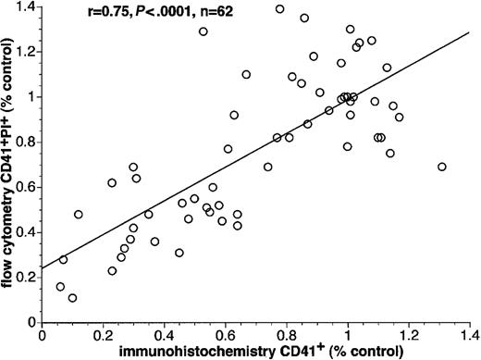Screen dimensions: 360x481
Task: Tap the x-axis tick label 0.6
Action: (x=226, y=336)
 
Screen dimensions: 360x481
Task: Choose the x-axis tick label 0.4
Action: (x=165, y=336)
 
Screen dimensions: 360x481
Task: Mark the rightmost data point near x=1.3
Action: (x=441, y=167)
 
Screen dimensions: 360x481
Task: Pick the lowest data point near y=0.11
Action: (x=72, y=298)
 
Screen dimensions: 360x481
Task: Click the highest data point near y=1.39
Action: (x=280, y=8)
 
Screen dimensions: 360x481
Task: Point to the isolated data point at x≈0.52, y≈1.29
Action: (x=203, y=31)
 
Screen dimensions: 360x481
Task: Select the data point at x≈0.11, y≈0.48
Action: (x=79, y=215)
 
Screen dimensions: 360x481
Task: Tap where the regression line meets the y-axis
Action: (x=43, y=268)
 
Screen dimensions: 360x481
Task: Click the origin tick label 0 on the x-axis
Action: (x=43, y=336)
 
